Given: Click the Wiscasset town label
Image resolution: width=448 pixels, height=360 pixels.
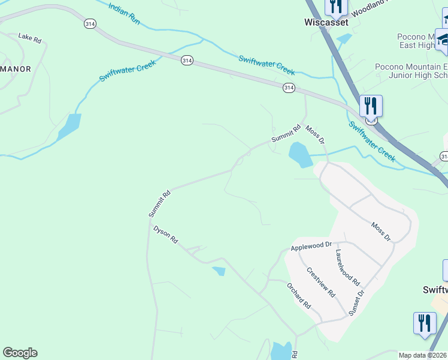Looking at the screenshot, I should pos(326,22).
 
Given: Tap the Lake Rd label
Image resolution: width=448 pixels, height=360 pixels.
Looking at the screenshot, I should pos(29,38).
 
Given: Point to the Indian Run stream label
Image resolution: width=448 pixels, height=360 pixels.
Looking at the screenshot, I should pos(125,12).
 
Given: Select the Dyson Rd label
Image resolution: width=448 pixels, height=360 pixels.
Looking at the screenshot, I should pos(166,235).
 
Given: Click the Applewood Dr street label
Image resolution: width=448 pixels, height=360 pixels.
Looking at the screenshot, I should pos(311,247).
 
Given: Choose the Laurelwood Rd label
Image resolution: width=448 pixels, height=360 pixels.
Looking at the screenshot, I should pos(347,267).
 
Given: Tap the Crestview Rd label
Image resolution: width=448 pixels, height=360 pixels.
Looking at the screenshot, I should pos(320,282).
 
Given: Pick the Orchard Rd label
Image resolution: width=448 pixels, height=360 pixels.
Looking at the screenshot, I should pos(299,295).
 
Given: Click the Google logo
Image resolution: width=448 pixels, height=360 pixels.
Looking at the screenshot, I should pos(20,353).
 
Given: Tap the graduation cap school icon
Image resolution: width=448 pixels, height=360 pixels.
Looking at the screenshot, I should pos(443,41).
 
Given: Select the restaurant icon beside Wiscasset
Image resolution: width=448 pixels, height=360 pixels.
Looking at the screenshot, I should pos(337,7).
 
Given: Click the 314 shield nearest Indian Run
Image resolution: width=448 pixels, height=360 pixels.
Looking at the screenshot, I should pos(90,23).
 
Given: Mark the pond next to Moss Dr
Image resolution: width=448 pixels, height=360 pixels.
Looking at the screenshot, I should pos(300,155).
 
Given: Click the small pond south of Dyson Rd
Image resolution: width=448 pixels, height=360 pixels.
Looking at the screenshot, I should pos(219,271).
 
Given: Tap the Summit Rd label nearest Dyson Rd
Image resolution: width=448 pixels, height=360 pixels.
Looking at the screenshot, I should pos(160,203).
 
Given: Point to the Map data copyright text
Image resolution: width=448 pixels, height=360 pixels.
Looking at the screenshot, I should pos(423,355).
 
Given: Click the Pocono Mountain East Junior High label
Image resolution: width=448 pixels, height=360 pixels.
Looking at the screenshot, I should pos(411,71).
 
